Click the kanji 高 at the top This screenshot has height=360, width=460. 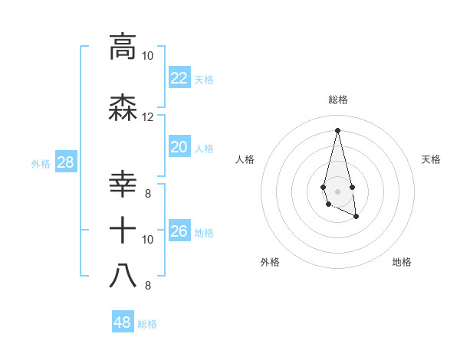point(123,46)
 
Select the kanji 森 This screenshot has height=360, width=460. point(123,107)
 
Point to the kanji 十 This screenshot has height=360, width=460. point(123,230)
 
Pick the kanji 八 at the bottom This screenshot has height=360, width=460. point(123,275)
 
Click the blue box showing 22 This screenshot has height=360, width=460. point(179,78)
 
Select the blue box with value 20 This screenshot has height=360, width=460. point(179,147)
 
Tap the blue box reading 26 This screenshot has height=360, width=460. point(179,231)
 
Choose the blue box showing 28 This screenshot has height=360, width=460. point(64,162)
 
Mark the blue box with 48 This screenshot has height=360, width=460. point(122,322)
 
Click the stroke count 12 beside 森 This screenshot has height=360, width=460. point(147,117)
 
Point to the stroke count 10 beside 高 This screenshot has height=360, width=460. point(147,56)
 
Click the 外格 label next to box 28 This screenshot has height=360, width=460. point(40,163)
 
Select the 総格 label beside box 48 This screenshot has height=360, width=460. point(147,324)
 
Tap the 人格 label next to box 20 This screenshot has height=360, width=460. point(204,148)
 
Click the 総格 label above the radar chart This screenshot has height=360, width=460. point(337,100)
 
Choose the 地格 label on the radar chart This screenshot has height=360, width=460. point(402,262)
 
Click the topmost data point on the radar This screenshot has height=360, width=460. point(337,129)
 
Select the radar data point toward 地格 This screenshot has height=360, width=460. point(356,217)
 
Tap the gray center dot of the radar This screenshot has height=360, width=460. point(337,190)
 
